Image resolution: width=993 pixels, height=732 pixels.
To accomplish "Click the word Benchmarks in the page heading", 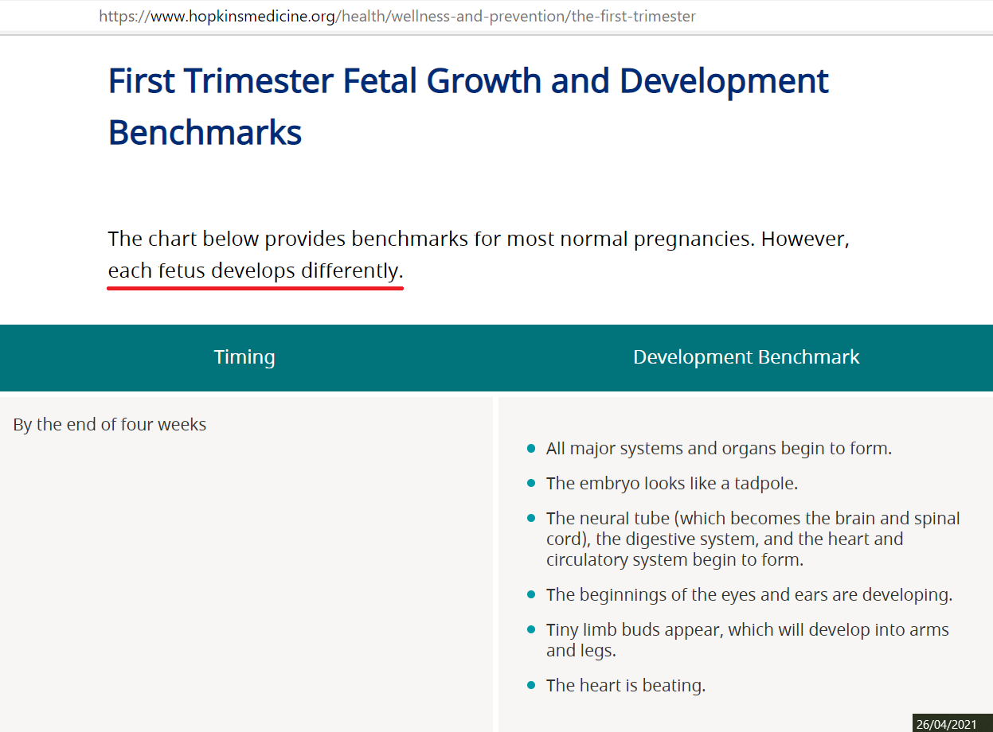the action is [205, 133].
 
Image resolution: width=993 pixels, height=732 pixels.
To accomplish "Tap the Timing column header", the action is [244, 357].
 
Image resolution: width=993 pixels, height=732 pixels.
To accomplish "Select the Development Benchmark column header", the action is [746, 357].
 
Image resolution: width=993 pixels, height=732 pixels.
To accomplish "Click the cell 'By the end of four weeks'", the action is [110, 425].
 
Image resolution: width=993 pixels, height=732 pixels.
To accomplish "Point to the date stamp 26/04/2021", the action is [946, 724].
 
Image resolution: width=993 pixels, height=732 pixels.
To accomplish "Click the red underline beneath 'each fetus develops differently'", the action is [255, 289].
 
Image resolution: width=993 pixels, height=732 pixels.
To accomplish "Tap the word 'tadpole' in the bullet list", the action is [764, 484].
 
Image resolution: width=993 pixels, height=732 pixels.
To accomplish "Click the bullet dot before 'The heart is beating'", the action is [531, 685].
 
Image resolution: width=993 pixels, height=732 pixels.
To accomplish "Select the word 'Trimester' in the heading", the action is [258, 81].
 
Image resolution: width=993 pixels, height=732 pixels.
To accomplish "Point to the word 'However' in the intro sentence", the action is [805, 239].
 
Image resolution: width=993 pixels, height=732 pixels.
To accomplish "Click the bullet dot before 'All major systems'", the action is [531, 448].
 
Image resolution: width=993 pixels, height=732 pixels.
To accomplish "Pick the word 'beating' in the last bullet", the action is [674, 686].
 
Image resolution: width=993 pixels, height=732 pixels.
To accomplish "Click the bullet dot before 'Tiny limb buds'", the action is [531, 629].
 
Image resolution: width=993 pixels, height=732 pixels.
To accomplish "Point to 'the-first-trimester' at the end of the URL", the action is [634, 17].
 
